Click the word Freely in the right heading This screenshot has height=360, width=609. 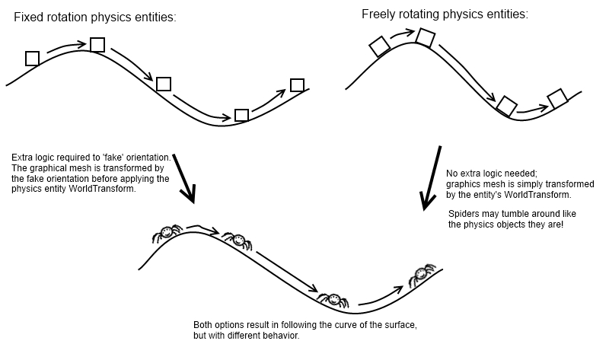[379, 14]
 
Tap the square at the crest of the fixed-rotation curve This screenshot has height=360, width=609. [97, 45]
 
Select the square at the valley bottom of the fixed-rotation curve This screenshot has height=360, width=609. [241, 115]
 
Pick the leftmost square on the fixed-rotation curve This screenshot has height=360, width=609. [32, 58]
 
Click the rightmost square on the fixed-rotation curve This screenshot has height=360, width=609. [297, 84]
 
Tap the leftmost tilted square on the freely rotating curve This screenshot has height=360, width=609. [379, 47]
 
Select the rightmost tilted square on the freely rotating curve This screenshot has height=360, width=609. [558, 97]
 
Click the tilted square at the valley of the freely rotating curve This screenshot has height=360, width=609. [506, 106]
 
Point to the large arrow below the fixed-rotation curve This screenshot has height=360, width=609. [184, 179]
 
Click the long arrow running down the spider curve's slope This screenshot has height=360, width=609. [285, 270]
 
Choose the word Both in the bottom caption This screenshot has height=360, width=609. [203, 325]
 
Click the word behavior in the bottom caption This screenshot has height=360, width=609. [282, 335]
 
